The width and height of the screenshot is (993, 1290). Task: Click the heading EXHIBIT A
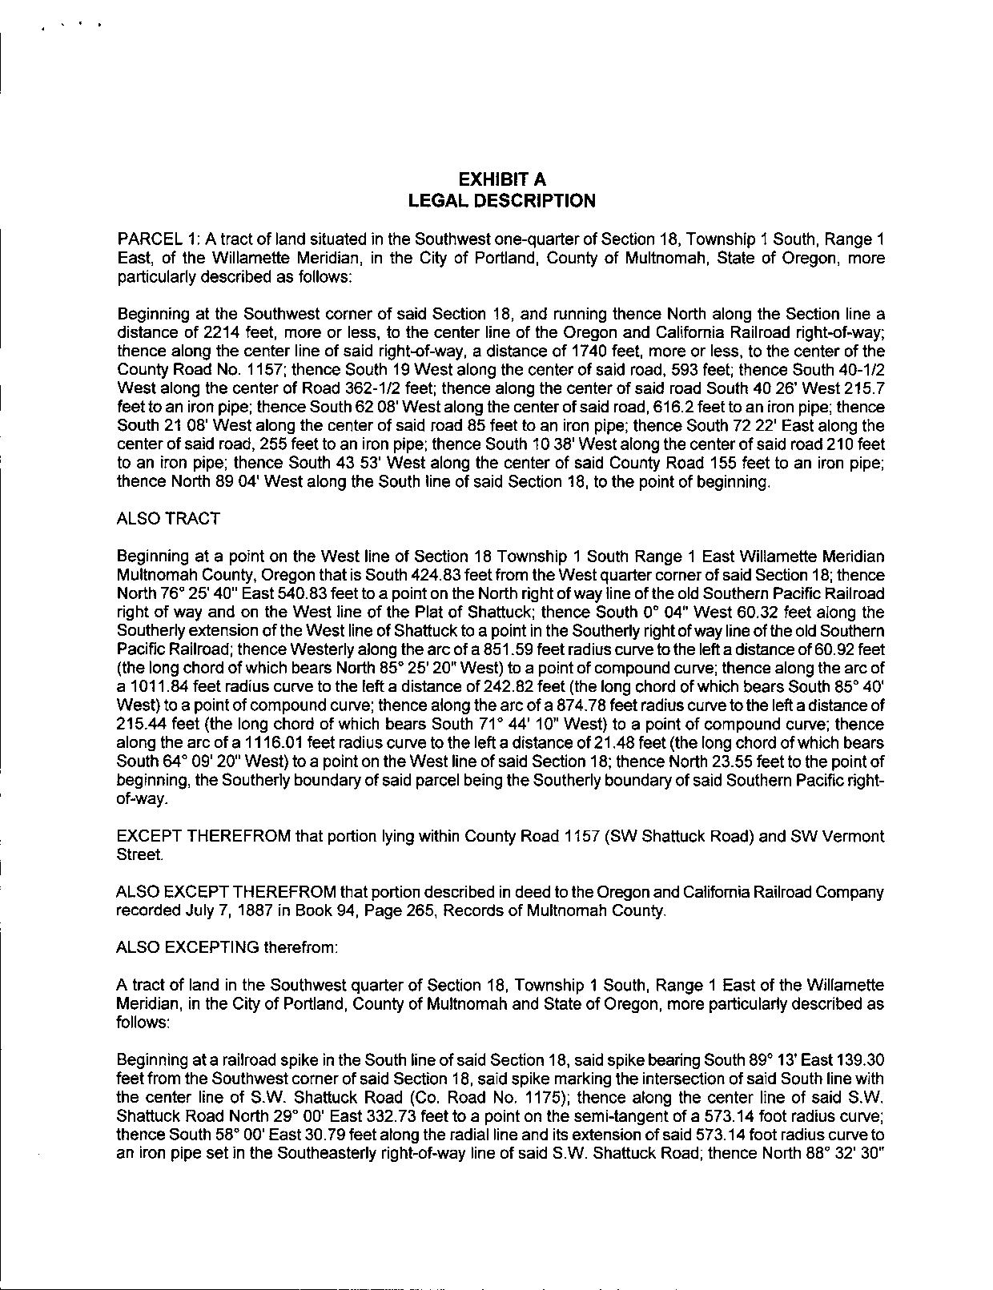click(x=501, y=179)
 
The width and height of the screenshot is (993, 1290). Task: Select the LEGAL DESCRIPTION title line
click(x=501, y=201)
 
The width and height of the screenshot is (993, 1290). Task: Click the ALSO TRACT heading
click(x=168, y=519)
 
